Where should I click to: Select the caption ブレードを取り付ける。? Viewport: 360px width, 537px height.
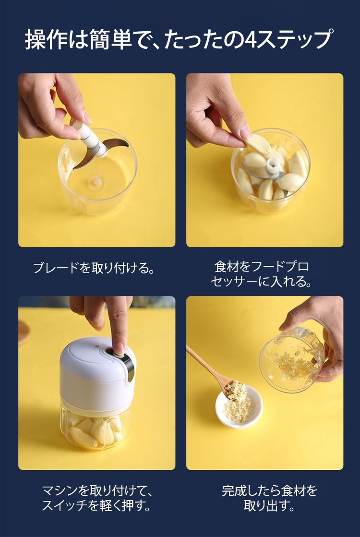tap(94, 268)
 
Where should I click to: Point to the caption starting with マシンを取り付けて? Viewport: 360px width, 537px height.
tap(97, 498)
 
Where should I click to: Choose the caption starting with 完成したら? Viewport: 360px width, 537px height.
tap(269, 498)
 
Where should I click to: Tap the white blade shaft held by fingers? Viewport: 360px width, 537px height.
tap(90, 139)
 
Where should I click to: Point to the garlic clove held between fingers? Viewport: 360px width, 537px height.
tap(258, 144)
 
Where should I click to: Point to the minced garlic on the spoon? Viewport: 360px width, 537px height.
tap(236, 391)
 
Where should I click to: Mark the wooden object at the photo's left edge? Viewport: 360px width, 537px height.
tap(24, 333)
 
